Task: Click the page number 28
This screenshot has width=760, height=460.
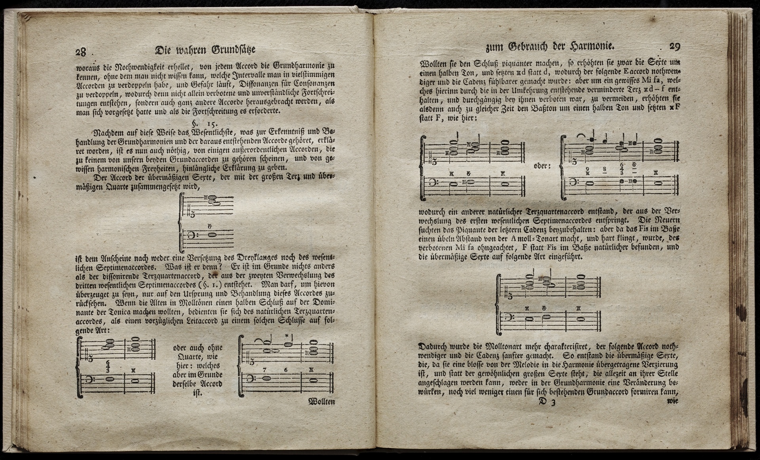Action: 81,52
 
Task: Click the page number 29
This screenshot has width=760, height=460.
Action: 674,46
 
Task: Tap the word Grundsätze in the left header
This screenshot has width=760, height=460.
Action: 234,50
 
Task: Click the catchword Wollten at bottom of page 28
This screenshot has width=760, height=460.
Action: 321,402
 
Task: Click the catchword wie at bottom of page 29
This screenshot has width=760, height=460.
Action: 673,401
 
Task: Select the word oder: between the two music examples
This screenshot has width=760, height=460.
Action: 542,166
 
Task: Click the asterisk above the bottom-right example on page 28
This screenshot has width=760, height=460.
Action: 286,336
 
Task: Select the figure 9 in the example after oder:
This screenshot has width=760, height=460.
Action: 588,169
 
